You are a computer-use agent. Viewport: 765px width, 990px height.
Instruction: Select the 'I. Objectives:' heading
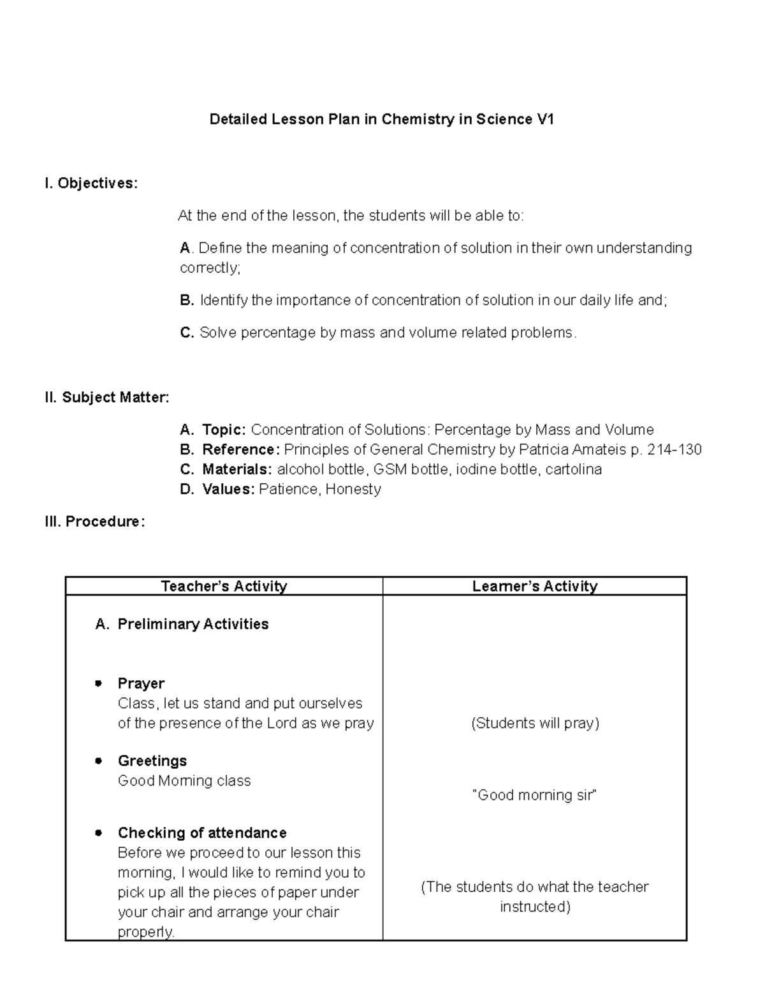[x=91, y=184]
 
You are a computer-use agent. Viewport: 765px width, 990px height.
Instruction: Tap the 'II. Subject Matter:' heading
[x=106, y=398]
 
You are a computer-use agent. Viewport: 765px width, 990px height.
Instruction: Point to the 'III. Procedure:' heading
[x=94, y=521]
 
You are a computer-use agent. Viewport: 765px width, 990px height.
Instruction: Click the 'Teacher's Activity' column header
[x=224, y=586]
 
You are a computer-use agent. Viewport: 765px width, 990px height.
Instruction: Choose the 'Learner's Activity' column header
[x=534, y=586]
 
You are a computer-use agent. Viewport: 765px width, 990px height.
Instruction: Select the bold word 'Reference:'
[x=240, y=449]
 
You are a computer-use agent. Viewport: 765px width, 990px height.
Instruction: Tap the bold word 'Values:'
[x=228, y=490]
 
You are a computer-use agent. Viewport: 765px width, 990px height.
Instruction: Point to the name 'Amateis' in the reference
[x=599, y=449]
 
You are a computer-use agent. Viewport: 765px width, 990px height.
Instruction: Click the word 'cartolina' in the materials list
[x=573, y=470]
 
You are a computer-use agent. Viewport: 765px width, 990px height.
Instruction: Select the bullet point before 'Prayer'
[x=98, y=683]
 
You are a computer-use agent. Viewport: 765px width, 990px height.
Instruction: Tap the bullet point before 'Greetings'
[x=98, y=761]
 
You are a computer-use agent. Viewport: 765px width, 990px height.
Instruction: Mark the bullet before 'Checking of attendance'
[x=98, y=833]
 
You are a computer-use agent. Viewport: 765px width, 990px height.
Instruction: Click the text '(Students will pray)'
[x=535, y=723]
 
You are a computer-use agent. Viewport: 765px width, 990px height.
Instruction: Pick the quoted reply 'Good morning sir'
[x=534, y=795]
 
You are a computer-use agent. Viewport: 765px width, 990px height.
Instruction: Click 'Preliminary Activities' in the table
[x=193, y=624]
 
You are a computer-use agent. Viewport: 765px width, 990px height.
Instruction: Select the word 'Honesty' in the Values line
[x=353, y=490]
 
